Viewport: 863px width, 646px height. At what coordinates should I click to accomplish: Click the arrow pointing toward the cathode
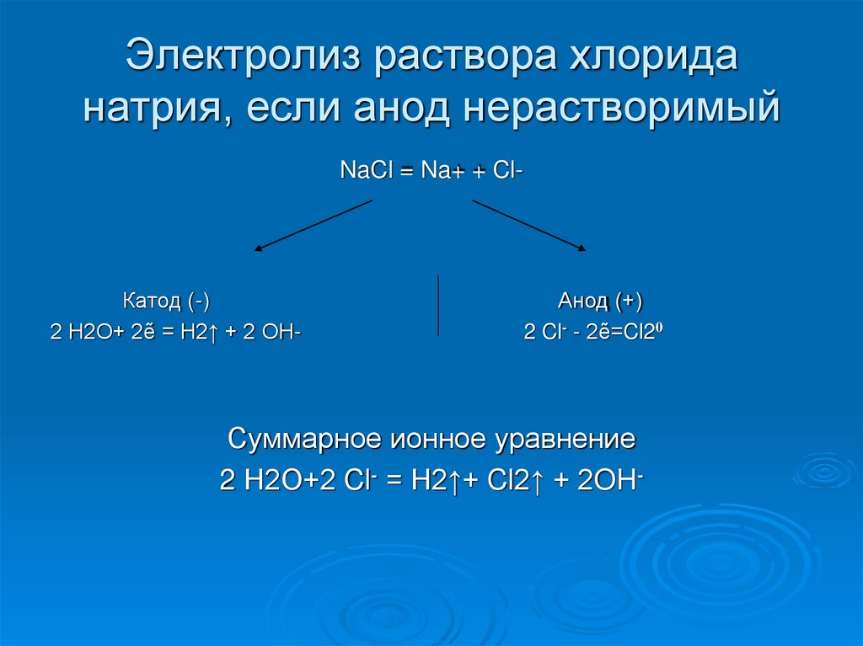pos(313,225)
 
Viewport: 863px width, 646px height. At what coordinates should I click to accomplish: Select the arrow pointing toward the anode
pos(529,225)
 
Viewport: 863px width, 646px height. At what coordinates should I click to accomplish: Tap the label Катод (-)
pos(166,301)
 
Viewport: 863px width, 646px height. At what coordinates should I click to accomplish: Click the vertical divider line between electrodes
pos(437,305)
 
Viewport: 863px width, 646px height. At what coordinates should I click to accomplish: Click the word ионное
pos(436,440)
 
